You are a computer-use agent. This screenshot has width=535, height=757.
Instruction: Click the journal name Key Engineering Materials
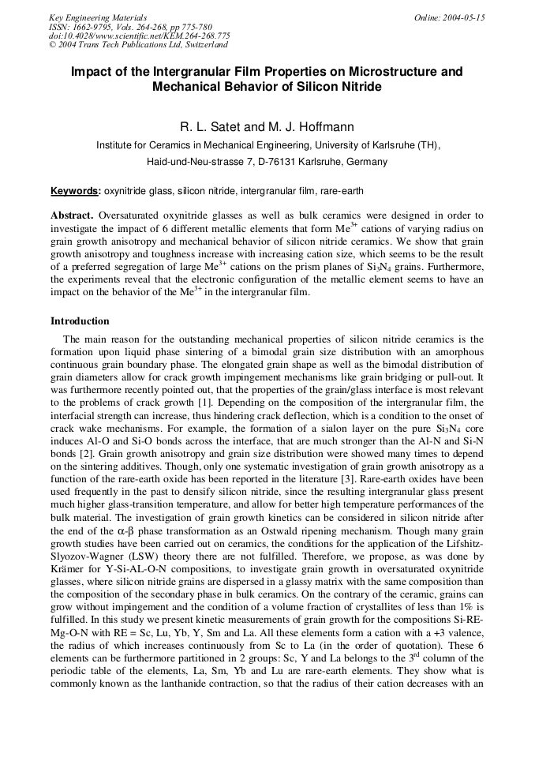(98, 17)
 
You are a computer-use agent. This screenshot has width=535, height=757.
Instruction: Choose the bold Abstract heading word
(73, 215)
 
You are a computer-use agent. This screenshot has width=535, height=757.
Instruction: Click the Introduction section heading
(80, 321)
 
